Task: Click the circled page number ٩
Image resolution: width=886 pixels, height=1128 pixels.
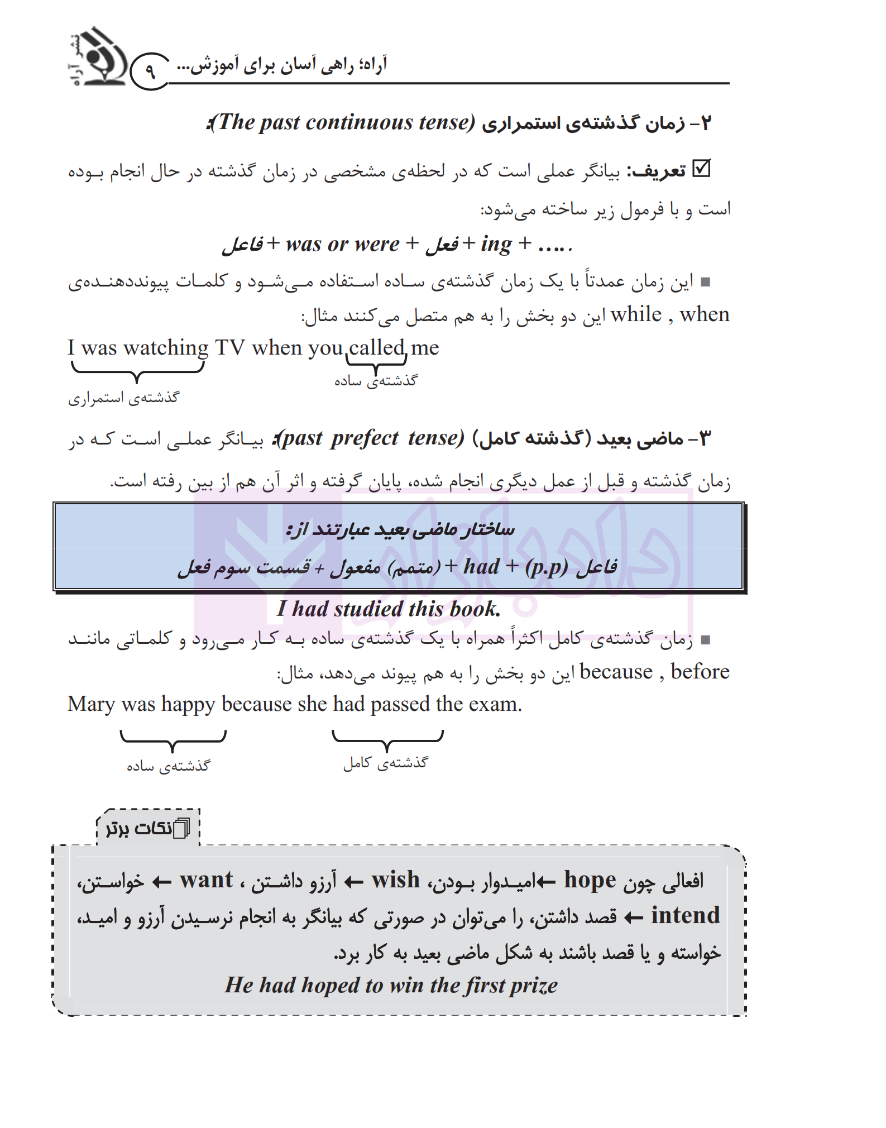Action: tap(150, 71)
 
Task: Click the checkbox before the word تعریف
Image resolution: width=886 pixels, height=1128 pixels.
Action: tap(701, 169)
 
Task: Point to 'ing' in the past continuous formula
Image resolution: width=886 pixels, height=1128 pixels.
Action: tap(496, 244)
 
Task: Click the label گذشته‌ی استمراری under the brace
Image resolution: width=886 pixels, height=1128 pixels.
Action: tap(123, 398)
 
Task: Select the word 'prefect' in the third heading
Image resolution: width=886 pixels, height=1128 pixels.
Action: tap(365, 438)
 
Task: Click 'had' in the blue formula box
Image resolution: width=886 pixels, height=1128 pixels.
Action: tap(481, 567)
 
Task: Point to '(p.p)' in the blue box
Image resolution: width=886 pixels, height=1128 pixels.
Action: tap(546, 567)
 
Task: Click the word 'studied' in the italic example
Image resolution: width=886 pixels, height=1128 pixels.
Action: tap(368, 609)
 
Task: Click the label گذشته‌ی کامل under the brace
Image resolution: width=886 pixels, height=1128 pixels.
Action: tap(385, 763)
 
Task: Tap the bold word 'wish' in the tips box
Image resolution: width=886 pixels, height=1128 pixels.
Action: tap(395, 880)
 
